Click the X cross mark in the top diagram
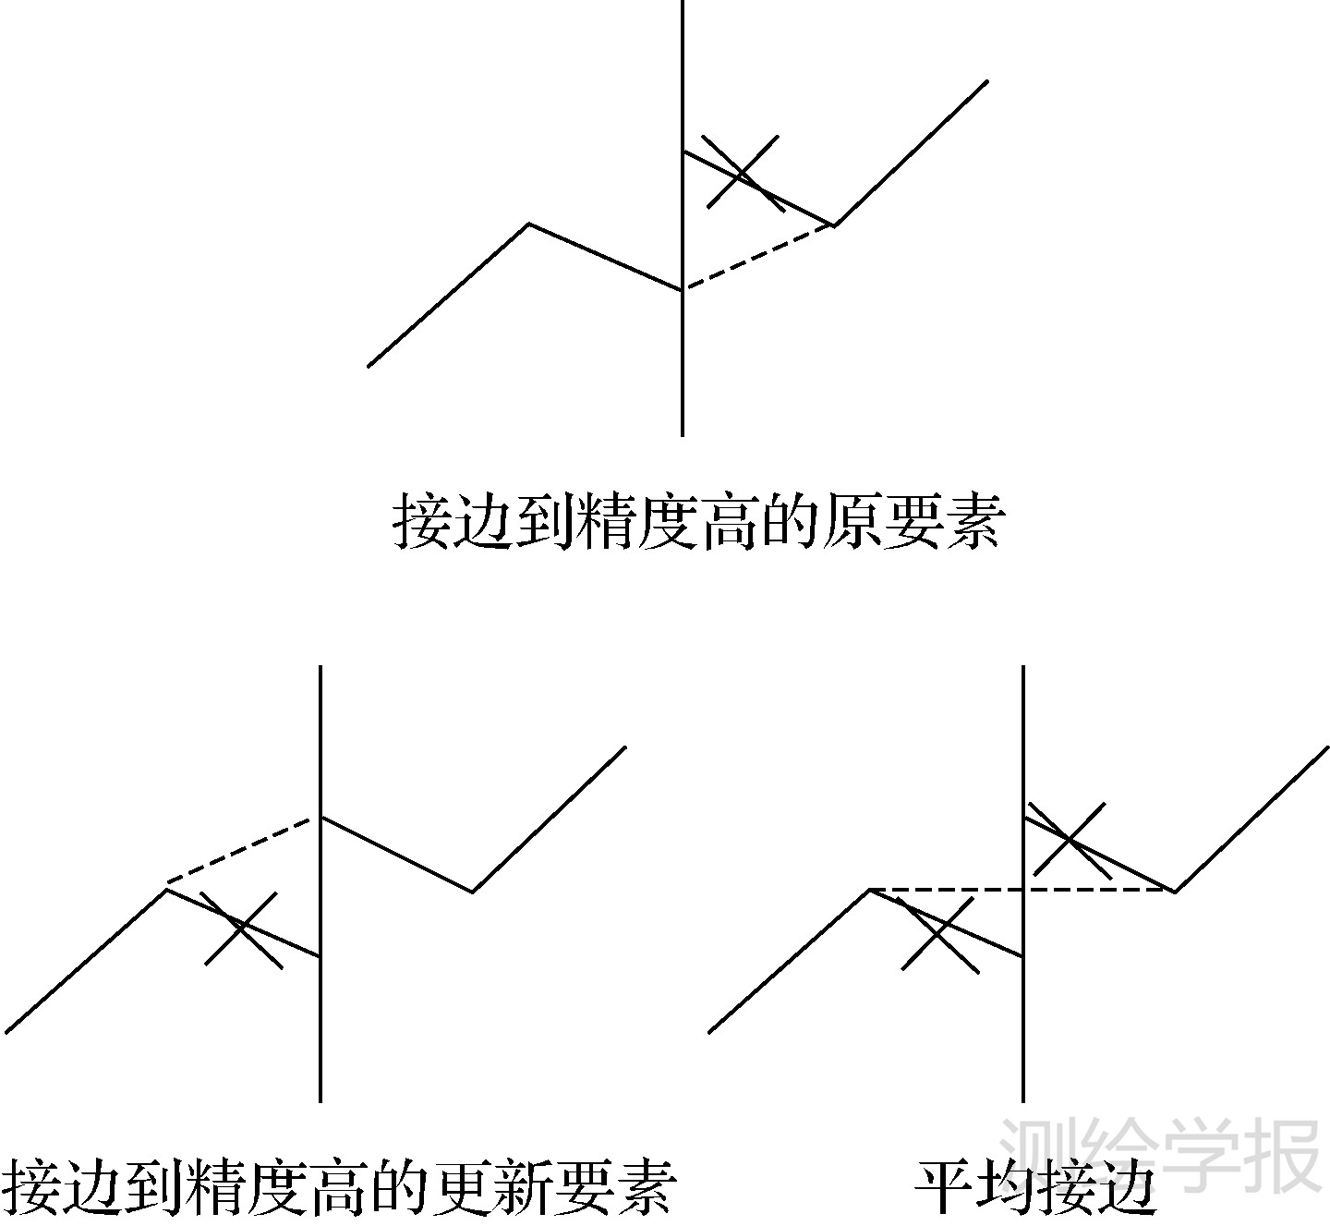point(743,174)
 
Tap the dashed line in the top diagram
point(758,258)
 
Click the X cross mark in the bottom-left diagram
point(242,928)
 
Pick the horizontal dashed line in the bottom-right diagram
point(951,890)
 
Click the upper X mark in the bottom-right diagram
point(1069,839)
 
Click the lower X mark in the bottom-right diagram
point(938,933)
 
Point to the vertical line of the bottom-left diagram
point(320,1035)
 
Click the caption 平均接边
point(1035,1187)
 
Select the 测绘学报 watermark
point(1160,1155)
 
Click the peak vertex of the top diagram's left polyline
point(529,224)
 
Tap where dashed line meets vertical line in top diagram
point(683,290)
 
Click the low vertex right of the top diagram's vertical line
point(834,225)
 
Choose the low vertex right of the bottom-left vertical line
point(473,892)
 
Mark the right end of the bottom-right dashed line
point(1174,891)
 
